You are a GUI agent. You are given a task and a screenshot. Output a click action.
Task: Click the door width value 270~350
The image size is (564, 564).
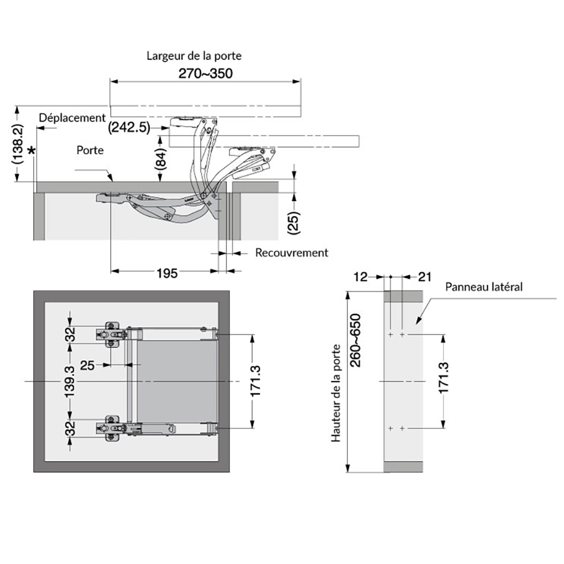click(x=206, y=73)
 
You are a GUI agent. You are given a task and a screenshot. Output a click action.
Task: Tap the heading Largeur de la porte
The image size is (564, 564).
click(x=194, y=56)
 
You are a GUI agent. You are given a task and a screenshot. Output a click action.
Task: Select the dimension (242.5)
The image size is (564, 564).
click(x=129, y=127)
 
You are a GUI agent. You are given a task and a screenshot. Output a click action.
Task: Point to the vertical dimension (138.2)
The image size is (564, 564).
click(x=18, y=144)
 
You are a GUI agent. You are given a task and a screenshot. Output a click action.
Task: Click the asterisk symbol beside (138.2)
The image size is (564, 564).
click(x=32, y=150)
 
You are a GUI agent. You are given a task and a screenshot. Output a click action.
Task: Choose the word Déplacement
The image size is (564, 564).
click(x=72, y=118)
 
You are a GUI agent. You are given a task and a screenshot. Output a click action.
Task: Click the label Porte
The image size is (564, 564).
click(x=90, y=150)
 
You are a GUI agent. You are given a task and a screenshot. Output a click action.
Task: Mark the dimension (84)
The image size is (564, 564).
click(x=161, y=159)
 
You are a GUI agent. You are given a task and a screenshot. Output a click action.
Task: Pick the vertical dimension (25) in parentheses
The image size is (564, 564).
click(x=294, y=223)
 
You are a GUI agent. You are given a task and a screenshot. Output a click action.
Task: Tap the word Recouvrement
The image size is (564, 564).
click(x=291, y=253)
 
